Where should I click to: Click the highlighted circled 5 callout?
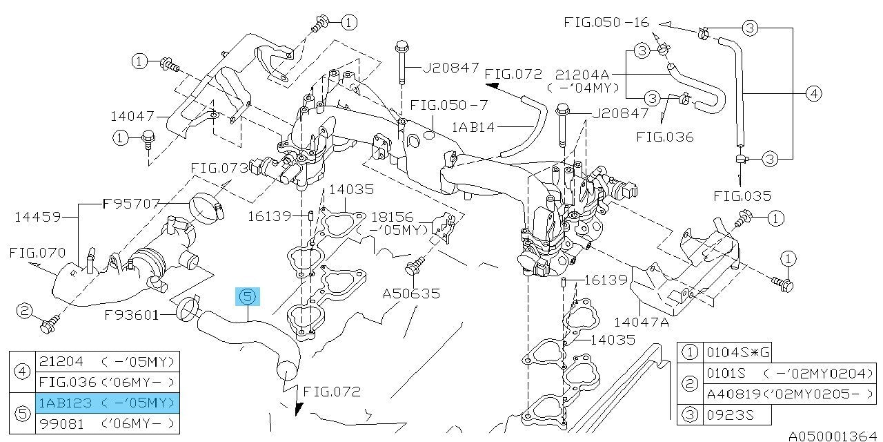[248, 297]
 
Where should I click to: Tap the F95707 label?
[131, 204]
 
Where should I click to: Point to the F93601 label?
[132, 315]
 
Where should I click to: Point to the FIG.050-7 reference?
[449, 105]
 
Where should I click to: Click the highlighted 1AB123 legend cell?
[106, 403]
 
